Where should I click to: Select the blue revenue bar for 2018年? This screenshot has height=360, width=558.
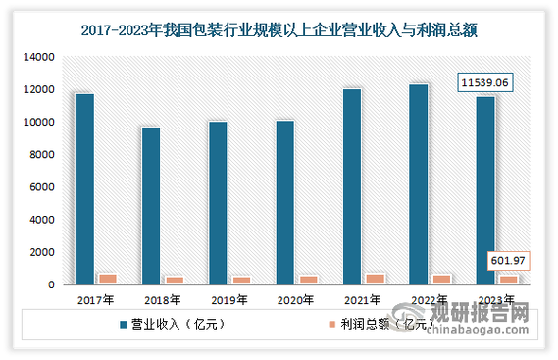coord(151,206)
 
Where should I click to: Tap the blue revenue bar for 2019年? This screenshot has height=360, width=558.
coord(218,203)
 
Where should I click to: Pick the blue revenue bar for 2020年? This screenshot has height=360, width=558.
coord(284,203)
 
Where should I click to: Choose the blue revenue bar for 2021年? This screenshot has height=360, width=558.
coord(351,187)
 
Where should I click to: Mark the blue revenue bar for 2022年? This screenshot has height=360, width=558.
coord(418,184)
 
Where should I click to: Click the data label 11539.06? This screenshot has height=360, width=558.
coord(493,85)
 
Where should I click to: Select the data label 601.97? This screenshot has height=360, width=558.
coord(509,260)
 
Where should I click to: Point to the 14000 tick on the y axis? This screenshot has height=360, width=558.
coord(36,58)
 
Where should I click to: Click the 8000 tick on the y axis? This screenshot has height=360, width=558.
coord(40,155)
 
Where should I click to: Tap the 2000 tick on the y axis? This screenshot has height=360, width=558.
coord(40,252)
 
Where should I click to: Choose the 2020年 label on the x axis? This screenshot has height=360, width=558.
coord(295,300)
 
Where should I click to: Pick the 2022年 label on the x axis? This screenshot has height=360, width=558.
coord(429,300)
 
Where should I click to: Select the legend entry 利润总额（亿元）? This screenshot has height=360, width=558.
coord(372,325)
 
